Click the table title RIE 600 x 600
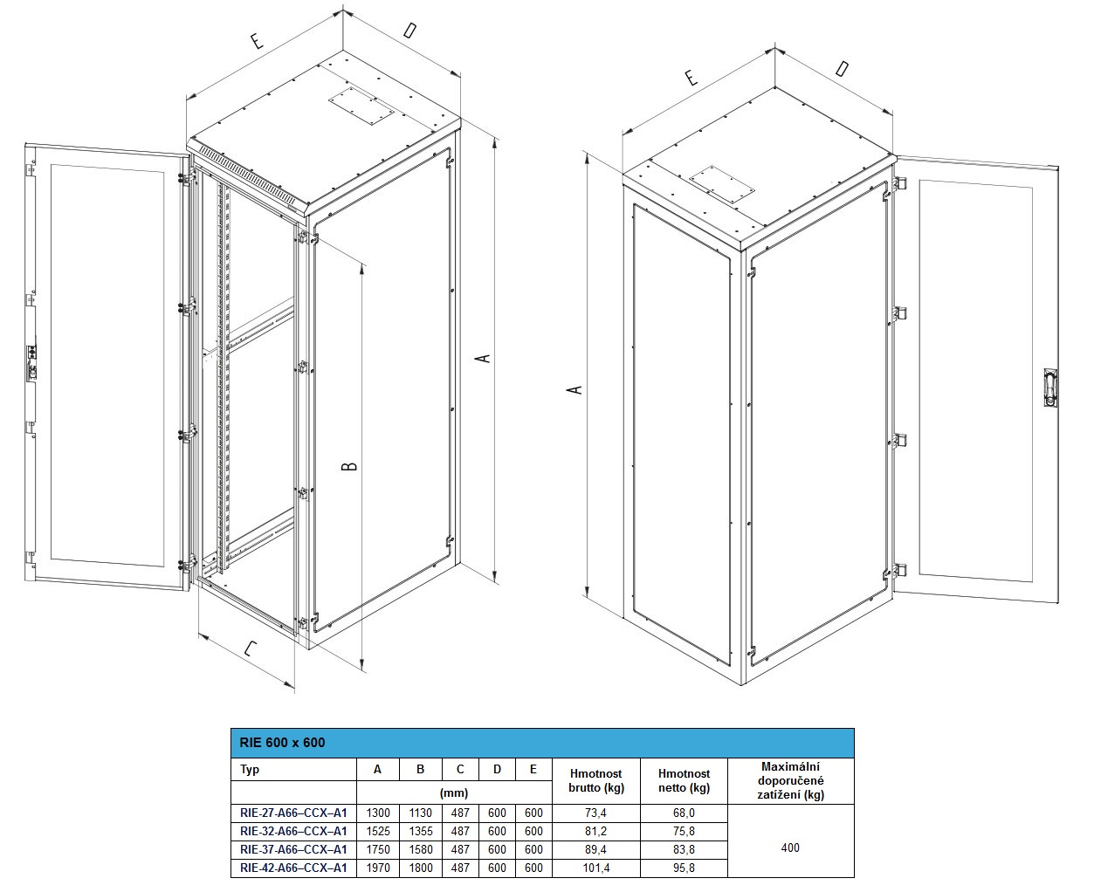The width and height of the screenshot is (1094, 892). point(282,743)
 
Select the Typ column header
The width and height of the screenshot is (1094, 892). point(250,769)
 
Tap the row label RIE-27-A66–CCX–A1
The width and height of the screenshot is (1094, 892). point(293,813)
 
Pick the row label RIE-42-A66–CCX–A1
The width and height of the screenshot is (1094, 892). point(293,868)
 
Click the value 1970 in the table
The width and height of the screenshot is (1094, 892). point(378,868)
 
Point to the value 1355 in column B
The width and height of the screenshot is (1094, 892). point(421,831)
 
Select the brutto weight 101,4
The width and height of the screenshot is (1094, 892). point(596,868)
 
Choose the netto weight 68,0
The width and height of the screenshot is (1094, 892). point(684,813)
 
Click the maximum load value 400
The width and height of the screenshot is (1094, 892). point(790,847)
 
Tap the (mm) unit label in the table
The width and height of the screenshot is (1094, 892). point(454,793)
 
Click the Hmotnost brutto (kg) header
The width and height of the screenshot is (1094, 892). point(596,781)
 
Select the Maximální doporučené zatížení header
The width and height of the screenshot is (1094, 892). point(790,780)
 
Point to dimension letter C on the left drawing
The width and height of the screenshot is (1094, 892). point(251,648)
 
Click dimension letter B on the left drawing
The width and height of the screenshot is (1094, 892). point(349,466)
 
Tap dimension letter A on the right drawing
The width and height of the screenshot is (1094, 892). point(575,389)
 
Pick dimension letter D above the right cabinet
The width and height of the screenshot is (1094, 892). point(842,68)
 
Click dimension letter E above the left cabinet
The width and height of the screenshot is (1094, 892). point(257,40)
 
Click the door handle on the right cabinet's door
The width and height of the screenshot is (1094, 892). point(1050,388)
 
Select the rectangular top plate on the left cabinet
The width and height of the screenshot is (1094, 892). point(361,106)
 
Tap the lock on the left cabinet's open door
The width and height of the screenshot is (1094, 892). point(31,363)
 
